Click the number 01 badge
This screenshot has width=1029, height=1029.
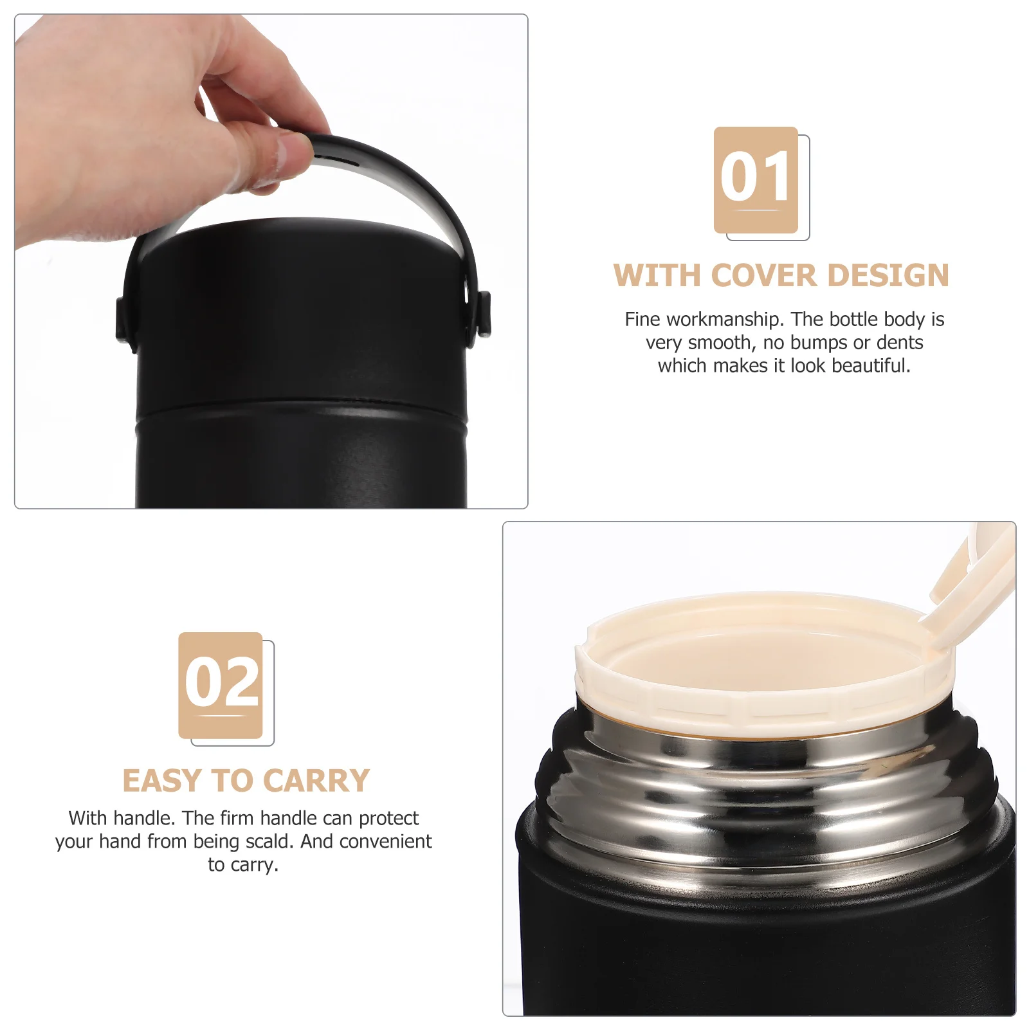[756, 179]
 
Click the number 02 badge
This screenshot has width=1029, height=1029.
[221, 685]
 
